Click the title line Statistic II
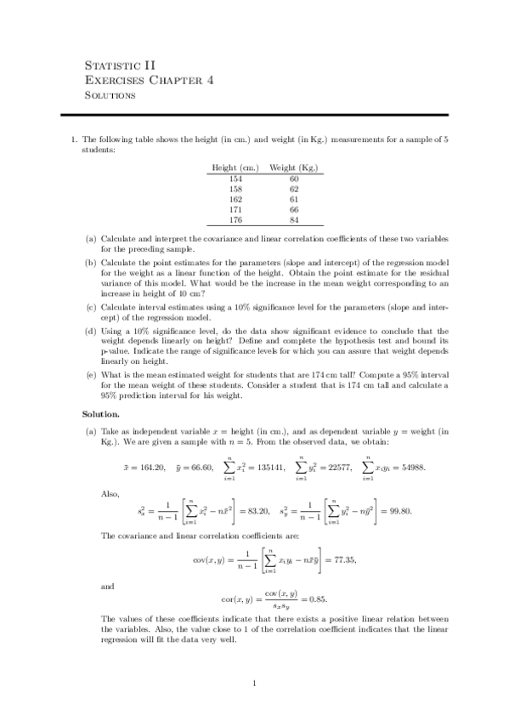pos(120,64)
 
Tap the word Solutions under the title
pos(110,95)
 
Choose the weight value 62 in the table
pos(294,189)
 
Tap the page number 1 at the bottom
pos(254,682)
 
